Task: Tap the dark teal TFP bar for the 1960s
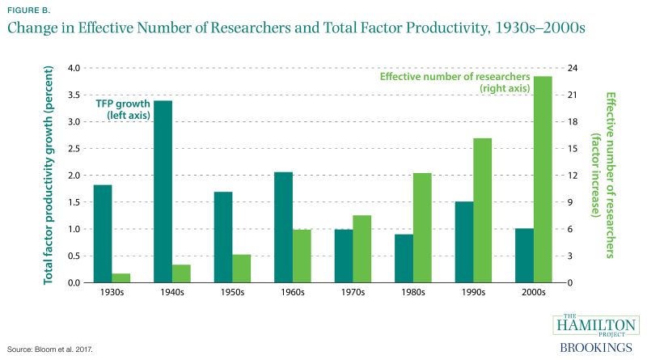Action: click(x=282, y=227)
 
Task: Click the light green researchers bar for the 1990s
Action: click(x=484, y=210)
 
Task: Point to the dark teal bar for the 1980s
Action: click(x=404, y=259)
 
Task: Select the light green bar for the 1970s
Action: click(x=362, y=249)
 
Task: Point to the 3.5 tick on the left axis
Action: click(x=75, y=95)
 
